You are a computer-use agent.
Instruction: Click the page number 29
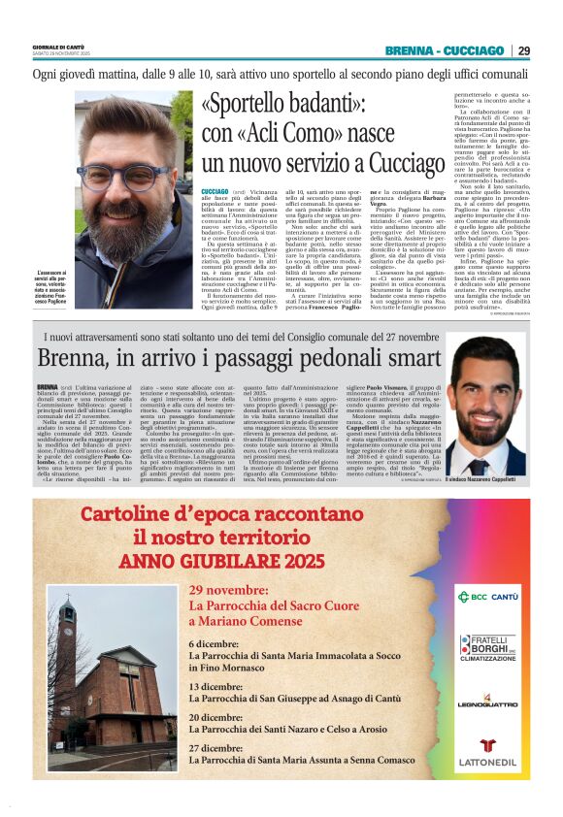[x=523, y=50]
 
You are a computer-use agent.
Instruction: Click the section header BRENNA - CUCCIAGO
[x=444, y=50]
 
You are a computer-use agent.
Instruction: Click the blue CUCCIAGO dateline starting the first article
[x=215, y=193]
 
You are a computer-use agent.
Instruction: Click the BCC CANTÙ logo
[x=488, y=595]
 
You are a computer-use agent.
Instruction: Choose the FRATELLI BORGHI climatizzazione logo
[x=488, y=647]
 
